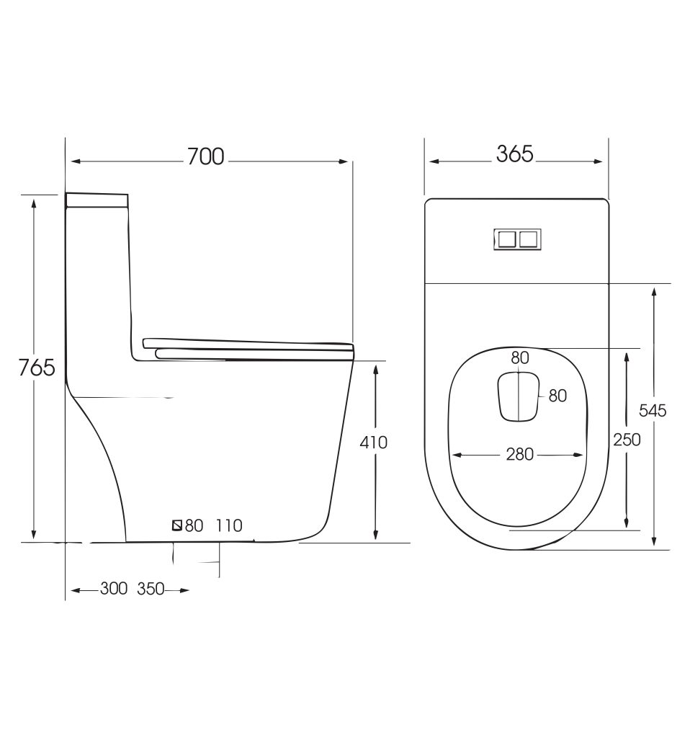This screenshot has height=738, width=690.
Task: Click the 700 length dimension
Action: pos(205,156)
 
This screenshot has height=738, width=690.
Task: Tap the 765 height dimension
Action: pos(37,367)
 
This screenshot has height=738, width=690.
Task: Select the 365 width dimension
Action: pos(515,154)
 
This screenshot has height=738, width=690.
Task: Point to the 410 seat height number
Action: pos(374,443)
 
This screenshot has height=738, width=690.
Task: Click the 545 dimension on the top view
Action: pos(653,411)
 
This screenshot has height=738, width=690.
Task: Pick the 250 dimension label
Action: pos(627,440)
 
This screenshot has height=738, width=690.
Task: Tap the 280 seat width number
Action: pos(520,454)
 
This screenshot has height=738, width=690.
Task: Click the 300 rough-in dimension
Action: pos(113,588)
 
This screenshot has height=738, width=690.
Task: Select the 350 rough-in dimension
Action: pos(151,588)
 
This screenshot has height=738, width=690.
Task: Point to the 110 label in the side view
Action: pos(229,525)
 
